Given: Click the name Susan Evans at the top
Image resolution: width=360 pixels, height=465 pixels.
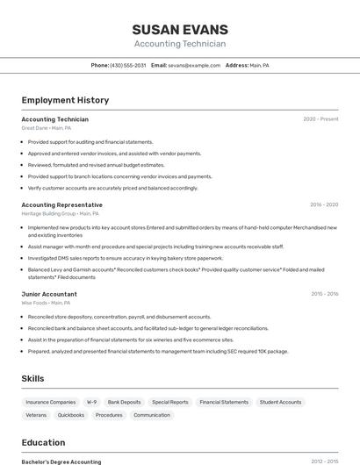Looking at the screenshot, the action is [x=180, y=29].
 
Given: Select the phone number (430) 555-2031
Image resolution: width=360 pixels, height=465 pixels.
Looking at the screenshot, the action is [x=127, y=65].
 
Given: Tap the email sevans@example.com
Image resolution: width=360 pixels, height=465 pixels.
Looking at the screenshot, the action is [x=194, y=65].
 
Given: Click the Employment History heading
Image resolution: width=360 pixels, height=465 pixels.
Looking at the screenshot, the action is [x=65, y=100].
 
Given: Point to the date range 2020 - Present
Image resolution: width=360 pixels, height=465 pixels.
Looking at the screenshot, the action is [x=320, y=119].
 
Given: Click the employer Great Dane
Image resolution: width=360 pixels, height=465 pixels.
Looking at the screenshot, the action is [x=35, y=128].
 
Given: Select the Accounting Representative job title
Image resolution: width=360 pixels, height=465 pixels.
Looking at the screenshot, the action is [x=61, y=204].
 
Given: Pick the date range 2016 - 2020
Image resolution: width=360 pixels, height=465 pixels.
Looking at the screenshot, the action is [x=323, y=204].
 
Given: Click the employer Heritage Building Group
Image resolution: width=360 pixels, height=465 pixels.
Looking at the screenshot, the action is [x=48, y=213].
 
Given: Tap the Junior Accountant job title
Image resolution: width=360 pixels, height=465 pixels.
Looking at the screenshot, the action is [x=49, y=294].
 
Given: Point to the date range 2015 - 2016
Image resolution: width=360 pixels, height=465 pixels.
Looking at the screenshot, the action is [x=324, y=294].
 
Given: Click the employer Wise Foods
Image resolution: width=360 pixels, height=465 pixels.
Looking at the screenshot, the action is [x=35, y=303].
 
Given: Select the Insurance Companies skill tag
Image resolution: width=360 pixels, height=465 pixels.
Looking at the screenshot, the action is [x=51, y=402].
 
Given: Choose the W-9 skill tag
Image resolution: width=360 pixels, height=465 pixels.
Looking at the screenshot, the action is [x=91, y=402].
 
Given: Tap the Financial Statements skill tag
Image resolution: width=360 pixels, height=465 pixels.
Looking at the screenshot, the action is [x=224, y=402].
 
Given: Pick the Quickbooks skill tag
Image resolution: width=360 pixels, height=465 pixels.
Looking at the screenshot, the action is [x=71, y=415].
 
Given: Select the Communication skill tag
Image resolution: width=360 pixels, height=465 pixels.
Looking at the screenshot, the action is [x=152, y=415].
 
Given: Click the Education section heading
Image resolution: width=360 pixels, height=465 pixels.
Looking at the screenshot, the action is [x=43, y=442].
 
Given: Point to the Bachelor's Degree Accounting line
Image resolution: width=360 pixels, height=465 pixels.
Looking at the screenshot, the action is [x=61, y=461].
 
